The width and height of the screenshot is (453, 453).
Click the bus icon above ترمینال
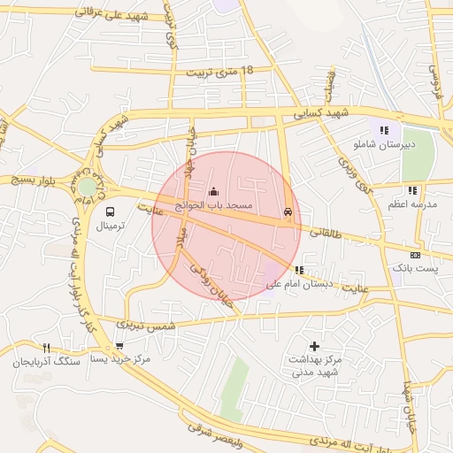pos(111,211)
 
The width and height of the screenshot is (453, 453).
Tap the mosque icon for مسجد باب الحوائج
pos(212,191)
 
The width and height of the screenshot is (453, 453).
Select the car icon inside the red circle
pos(288,212)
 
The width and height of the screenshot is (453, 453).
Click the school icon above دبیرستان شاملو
pos(384,131)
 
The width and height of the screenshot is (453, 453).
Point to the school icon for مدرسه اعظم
pos(412,191)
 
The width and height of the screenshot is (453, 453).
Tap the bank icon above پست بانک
pos(415,254)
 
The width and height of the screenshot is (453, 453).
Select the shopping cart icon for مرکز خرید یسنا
pos(119,346)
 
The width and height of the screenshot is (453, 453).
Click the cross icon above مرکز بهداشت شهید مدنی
pos(313,346)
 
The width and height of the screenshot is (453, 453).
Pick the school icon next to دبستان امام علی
pos(300,271)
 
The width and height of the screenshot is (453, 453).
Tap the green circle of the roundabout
pos(87,188)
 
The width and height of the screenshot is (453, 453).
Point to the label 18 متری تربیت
pos(211,71)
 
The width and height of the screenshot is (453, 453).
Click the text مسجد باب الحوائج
pos(213,205)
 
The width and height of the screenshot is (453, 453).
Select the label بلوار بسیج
pos(33,180)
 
